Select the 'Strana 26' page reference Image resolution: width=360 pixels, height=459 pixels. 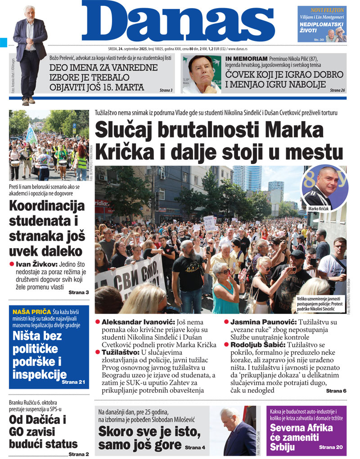coord(337,91)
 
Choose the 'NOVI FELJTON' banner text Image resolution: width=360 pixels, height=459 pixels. coord(328,10)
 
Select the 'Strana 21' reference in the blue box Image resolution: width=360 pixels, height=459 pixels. coord(73,382)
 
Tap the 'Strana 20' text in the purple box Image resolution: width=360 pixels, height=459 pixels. coord(331,447)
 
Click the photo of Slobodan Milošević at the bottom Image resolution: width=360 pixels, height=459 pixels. coord(238,431)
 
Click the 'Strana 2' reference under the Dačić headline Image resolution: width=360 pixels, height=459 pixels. coord(78,454)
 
